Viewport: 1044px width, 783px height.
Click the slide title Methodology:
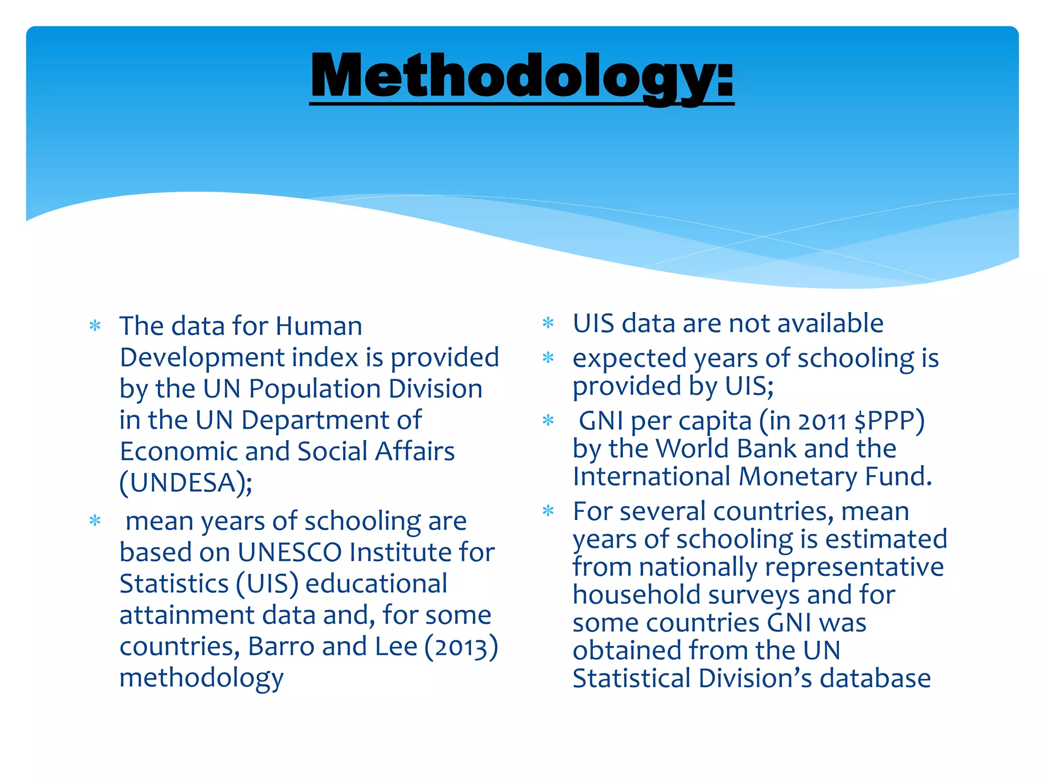(521, 76)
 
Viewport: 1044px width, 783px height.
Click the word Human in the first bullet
(319, 326)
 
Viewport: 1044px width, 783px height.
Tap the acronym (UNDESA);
(186, 483)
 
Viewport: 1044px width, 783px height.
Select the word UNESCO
(290, 553)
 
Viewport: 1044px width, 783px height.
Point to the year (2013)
(461, 647)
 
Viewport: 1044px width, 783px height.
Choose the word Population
(315, 389)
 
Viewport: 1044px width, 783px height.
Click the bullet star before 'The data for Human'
(95, 325)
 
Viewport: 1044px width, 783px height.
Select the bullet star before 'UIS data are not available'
(548, 323)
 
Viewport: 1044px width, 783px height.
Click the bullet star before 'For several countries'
(548, 510)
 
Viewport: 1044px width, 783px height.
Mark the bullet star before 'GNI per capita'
(548, 421)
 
